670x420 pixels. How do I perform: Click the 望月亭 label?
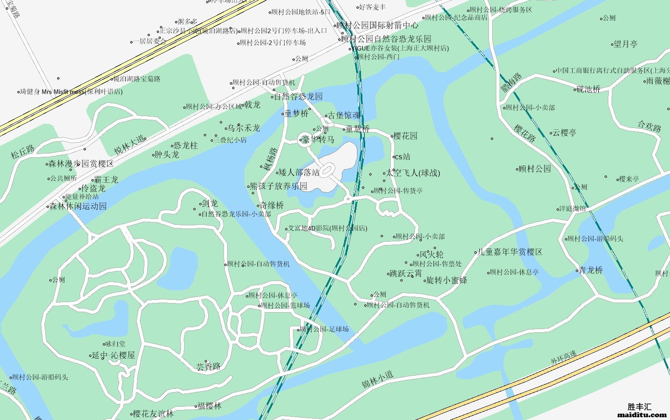click(x=625, y=44)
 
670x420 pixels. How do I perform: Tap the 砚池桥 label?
click(x=588, y=90)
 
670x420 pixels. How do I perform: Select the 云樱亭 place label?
click(x=564, y=133)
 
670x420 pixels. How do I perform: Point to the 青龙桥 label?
click(x=591, y=271)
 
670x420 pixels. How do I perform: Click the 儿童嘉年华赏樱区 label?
click(x=510, y=252)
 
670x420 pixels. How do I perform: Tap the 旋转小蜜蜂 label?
click(x=447, y=280)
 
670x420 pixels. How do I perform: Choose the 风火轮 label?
click(x=431, y=255)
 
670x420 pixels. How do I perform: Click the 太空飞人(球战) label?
click(x=413, y=173)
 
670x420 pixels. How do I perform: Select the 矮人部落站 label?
click(x=299, y=173)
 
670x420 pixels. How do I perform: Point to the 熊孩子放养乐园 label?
click(x=278, y=186)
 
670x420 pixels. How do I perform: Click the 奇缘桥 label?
click(x=272, y=206)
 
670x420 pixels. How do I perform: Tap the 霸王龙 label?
click(x=106, y=180)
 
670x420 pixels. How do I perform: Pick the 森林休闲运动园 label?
click(x=78, y=207)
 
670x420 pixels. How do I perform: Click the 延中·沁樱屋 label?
click(x=113, y=356)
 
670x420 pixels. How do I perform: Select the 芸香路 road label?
click(x=208, y=367)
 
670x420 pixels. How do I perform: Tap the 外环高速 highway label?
click(x=564, y=357)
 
